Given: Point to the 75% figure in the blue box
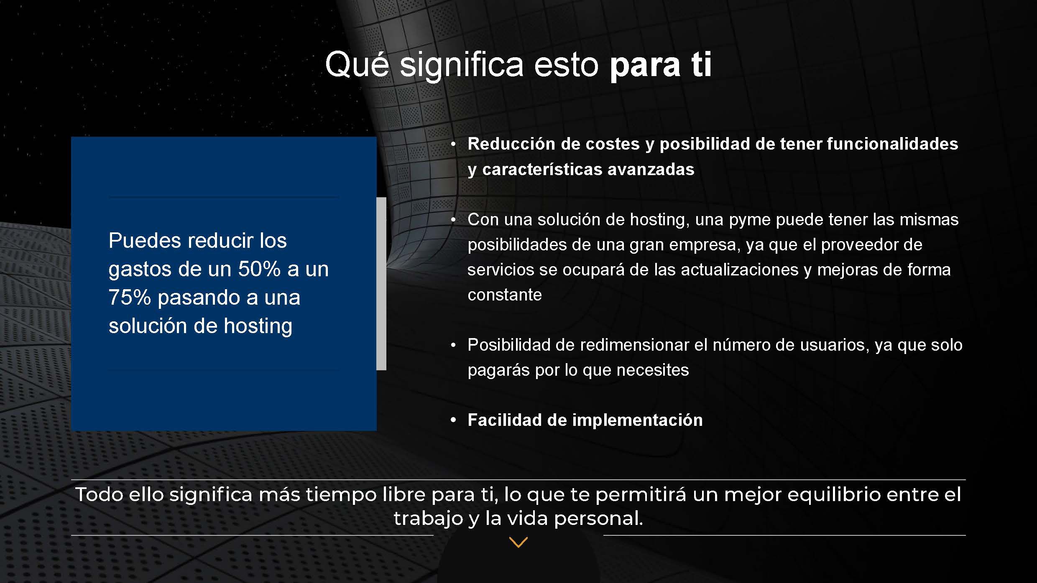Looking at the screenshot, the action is coord(130,297).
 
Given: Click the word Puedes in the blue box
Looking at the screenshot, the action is coord(144,241).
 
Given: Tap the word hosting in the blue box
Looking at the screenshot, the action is coord(258,326).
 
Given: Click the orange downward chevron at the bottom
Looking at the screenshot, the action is coord(518,542).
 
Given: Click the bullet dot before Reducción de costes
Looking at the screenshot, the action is coord(453,144).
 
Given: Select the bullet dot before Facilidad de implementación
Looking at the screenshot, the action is coord(453,420).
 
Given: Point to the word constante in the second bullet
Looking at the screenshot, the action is coord(505,295).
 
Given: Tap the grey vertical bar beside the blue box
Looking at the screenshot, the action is coord(381,284).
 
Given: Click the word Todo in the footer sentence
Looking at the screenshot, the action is coord(99,495).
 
